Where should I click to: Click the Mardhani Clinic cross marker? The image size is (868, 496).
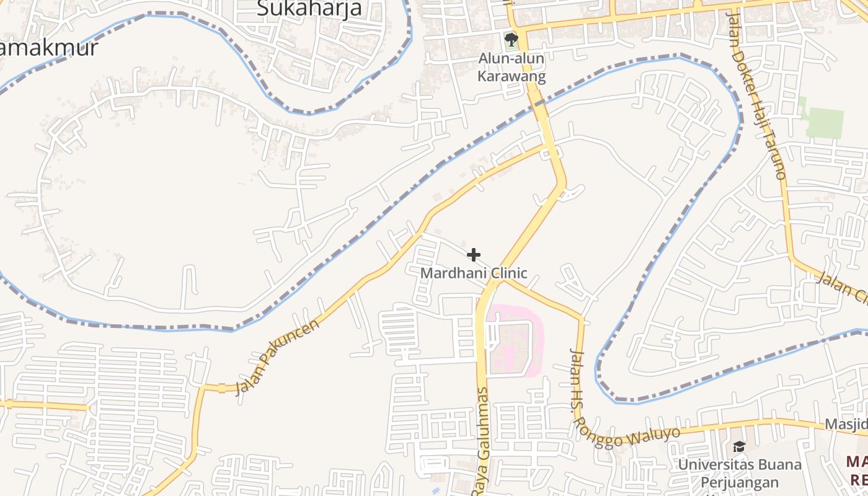tap(474, 255)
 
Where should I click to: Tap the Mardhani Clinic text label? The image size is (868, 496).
tap(474, 273)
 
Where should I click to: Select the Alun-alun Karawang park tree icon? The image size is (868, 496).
tap(511, 40)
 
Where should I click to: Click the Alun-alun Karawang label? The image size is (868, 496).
tap(511, 68)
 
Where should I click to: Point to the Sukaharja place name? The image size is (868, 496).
tap(309, 9)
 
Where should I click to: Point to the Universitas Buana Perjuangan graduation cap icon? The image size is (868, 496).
tap(739, 446)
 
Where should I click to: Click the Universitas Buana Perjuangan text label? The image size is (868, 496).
tap(739, 473)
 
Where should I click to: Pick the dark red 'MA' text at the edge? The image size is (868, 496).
tap(857, 462)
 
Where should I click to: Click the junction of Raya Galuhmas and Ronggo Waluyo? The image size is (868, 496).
tap(500, 278)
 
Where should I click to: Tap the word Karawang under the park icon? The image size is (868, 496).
tap(511, 77)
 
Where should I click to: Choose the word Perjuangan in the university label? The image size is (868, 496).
tap(739, 482)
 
